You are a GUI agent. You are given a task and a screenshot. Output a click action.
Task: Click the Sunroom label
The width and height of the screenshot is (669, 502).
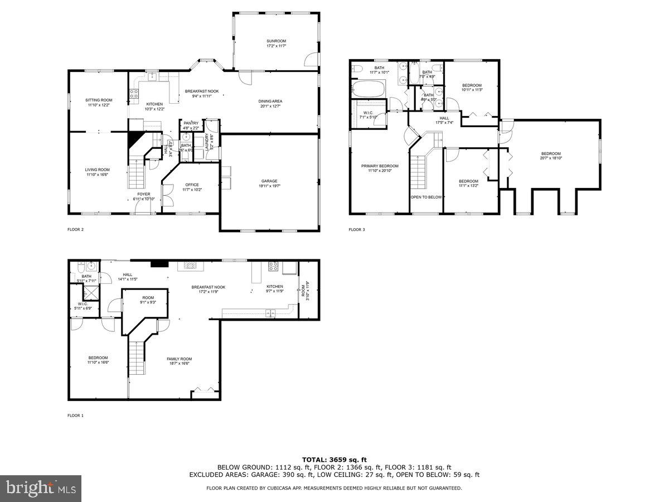[x=276, y=44]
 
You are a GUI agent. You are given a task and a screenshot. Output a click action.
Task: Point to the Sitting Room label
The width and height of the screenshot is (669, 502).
[x=99, y=103]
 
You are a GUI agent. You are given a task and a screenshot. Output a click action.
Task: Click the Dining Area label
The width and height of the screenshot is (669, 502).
[x=270, y=104]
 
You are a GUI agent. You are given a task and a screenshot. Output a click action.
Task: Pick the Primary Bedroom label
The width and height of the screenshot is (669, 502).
[x=380, y=168]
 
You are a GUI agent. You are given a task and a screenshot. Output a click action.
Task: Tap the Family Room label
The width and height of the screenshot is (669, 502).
[x=179, y=361]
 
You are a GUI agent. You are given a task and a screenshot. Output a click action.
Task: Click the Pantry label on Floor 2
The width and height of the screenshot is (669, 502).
[x=191, y=126]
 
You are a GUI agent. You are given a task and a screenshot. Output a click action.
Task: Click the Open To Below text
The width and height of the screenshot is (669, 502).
[x=426, y=197]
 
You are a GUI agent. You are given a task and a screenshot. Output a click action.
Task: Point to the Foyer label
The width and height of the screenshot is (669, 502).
[x=144, y=196]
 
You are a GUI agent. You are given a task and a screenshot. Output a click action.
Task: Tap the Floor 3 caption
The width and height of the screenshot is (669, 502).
[x=357, y=229]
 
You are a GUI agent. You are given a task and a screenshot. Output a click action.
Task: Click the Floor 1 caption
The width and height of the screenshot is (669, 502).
[x=75, y=416]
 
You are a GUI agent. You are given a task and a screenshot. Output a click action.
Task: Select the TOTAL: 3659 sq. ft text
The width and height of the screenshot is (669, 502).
[x=334, y=459]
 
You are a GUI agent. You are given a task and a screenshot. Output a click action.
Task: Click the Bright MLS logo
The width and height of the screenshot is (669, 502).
[x=41, y=489]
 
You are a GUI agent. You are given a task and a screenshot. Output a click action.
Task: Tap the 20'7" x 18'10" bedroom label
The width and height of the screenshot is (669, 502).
[x=551, y=156]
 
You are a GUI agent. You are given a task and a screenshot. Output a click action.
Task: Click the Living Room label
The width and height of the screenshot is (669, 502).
[x=97, y=172]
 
